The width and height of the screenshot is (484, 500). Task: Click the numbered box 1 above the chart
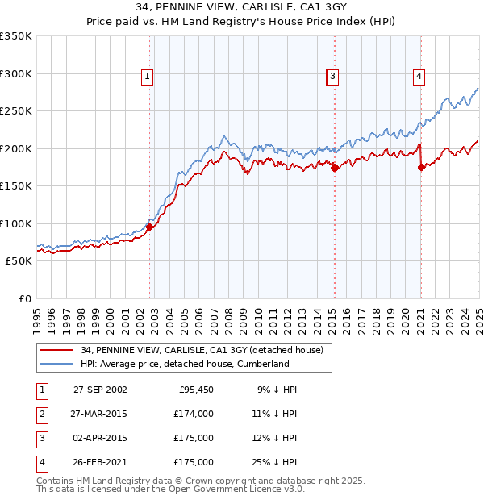click(x=148, y=77)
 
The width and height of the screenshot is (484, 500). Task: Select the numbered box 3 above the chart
click(x=332, y=77)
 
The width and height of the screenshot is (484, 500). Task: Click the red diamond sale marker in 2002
click(x=150, y=227)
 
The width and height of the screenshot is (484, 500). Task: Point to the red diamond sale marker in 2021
click(x=421, y=168)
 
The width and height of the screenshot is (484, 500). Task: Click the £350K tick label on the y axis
click(x=15, y=36)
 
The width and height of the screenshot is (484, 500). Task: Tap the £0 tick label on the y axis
click(x=24, y=298)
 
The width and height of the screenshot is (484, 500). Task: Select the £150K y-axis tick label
click(x=15, y=185)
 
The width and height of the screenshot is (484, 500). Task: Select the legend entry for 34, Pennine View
click(x=202, y=350)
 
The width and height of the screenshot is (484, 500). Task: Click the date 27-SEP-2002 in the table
click(x=100, y=389)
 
